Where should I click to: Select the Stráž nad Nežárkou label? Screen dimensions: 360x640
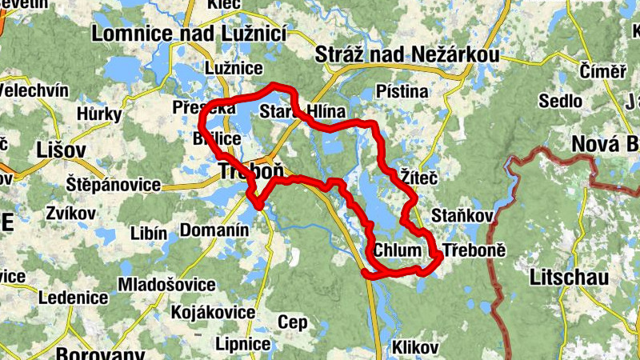click(407, 54)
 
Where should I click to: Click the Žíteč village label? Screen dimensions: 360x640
click(418, 175)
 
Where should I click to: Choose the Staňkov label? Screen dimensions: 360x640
click(462, 215)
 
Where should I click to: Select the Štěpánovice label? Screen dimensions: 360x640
click(114, 185)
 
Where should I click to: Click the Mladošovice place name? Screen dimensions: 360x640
click(166, 285)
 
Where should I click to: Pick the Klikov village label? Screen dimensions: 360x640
click(414, 347)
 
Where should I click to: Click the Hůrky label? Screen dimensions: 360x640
click(99, 114)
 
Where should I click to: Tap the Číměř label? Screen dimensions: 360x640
click(602, 71)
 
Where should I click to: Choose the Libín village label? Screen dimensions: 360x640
click(148, 233)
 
